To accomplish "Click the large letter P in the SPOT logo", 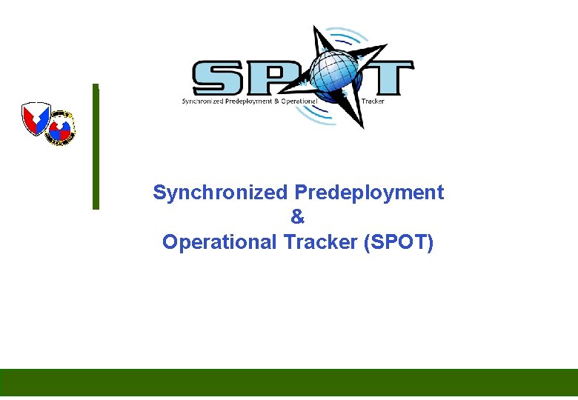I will [277, 77].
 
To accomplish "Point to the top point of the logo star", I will [316, 29].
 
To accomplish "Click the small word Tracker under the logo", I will [373, 101].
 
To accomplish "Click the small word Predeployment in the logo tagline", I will [249, 101].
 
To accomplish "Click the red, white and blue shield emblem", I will [36, 119].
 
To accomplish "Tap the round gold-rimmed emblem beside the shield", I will [61, 127].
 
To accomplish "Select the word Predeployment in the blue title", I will [369, 193].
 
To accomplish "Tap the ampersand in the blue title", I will [298, 218].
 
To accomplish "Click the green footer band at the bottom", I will [289, 382].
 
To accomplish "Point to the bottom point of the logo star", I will [363, 126].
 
